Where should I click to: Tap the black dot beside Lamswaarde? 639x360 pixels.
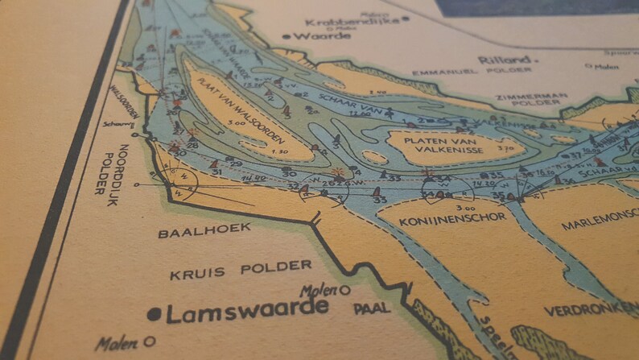click(x=155, y=315)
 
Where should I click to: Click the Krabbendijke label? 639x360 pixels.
click(x=354, y=21)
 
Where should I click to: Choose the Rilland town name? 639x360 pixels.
click(x=505, y=60)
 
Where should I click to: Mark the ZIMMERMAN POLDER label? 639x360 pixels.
click(x=528, y=100)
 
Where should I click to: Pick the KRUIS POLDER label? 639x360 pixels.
click(x=241, y=270)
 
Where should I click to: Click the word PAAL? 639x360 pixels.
click(x=371, y=308)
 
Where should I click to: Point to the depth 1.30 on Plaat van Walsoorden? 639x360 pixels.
click(x=280, y=152)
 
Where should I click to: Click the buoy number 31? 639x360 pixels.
click(x=216, y=172)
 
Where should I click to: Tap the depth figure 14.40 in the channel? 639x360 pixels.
click(x=258, y=177)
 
